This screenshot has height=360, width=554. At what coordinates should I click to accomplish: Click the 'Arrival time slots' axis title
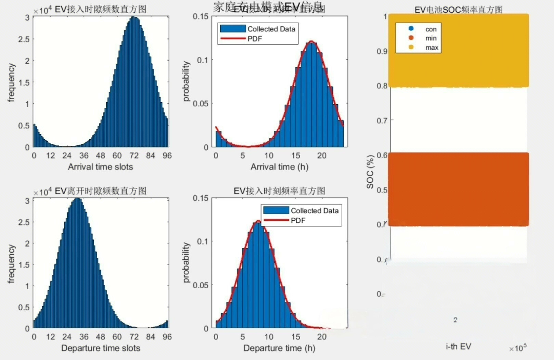click(x=100, y=167)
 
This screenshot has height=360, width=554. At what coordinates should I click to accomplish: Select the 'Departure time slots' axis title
click(x=101, y=348)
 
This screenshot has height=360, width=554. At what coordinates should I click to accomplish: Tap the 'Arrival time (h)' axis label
click(x=279, y=167)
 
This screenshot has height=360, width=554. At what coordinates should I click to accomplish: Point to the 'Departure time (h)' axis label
click(x=279, y=348)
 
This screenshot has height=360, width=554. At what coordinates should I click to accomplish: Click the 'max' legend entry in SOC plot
click(x=432, y=48)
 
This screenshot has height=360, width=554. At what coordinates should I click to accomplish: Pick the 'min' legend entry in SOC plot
click(x=431, y=38)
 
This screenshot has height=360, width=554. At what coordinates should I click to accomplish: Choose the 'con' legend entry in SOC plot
click(x=431, y=29)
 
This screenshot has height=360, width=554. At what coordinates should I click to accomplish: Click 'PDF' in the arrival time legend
click(x=255, y=39)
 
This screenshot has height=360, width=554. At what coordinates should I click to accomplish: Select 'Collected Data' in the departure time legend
click(x=314, y=211)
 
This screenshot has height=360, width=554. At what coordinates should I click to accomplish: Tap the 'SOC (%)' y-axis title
click(x=370, y=172)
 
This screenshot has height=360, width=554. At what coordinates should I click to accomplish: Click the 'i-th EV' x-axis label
click(x=458, y=346)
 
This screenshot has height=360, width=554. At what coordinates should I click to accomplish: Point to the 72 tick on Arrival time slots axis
click(x=134, y=156)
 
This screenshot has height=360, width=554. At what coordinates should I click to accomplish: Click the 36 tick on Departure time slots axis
click(x=84, y=337)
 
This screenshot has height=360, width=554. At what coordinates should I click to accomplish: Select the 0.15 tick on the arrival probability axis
click(x=200, y=16)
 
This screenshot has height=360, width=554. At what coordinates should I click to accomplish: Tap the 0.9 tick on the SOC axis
click(x=382, y=51)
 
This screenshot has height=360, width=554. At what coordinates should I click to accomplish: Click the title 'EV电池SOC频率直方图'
click(x=458, y=10)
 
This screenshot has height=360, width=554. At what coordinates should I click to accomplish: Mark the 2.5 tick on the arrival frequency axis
click(x=24, y=39)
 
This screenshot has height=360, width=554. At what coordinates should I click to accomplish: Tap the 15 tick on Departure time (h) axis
click(x=295, y=337)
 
